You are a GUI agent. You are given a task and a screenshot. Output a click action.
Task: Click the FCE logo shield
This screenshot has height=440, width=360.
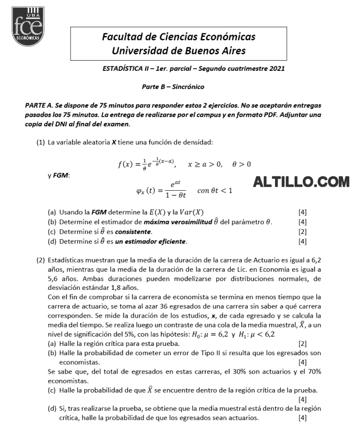point(28,26)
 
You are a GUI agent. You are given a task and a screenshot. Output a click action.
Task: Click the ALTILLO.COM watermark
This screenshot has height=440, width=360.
point(301,181)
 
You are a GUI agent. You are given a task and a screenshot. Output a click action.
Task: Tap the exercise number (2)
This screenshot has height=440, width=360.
point(41,260)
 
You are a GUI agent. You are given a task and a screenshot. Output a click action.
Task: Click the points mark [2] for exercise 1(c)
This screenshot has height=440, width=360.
point(302,232)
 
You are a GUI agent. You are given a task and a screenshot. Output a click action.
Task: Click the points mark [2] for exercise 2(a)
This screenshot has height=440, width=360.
point(302,343)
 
